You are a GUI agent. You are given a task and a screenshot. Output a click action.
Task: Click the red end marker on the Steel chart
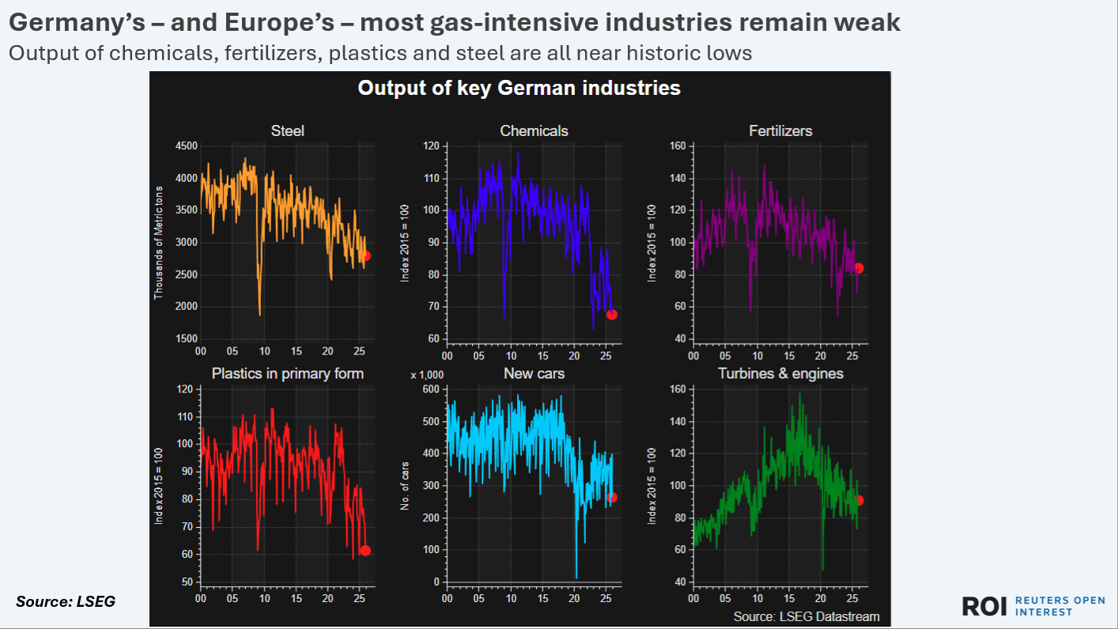(x=364, y=256)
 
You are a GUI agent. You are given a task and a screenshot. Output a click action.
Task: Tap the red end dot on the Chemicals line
(x=611, y=314)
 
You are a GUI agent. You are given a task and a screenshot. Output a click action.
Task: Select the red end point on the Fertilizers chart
(x=859, y=268)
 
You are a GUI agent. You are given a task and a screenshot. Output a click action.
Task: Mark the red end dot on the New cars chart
(x=612, y=497)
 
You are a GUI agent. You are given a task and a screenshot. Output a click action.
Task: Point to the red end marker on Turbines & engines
(x=859, y=500)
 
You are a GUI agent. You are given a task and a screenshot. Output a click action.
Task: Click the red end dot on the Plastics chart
(x=364, y=551)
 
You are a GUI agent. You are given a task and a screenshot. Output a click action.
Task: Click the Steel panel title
(x=287, y=131)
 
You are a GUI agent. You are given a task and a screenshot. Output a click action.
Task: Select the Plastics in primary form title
(x=288, y=373)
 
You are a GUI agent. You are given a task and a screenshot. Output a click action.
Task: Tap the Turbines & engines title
(x=780, y=373)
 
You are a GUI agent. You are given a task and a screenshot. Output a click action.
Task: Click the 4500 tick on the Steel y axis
(x=187, y=146)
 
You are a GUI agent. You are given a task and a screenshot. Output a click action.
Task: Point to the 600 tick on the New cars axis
(x=431, y=389)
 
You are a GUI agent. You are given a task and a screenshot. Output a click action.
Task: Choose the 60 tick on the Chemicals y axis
(x=433, y=339)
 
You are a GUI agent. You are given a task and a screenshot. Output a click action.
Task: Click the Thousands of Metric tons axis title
(x=158, y=242)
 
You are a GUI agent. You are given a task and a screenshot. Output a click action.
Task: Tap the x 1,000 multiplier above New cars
(x=422, y=375)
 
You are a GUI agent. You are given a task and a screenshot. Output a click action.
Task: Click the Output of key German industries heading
(x=519, y=87)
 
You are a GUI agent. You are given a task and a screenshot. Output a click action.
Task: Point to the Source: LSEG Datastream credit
(x=806, y=616)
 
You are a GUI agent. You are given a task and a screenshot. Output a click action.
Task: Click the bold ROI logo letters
(x=984, y=606)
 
